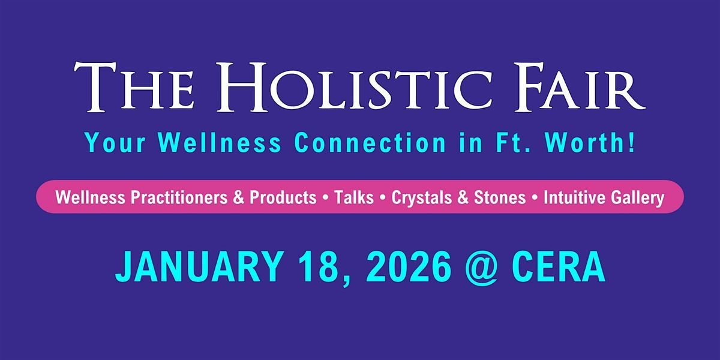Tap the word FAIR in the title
(580, 87)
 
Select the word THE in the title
(134, 87)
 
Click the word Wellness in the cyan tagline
(220, 142)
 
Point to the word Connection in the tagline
(370, 142)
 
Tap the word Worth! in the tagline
(590, 142)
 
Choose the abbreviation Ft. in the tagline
(512, 142)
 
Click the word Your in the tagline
(115, 143)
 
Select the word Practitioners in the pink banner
(179, 197)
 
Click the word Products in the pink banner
(283, 197)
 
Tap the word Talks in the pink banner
(354, 197)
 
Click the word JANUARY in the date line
(200, 267)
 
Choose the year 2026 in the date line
(407, 267)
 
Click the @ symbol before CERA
(482, 269)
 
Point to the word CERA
(559, 267)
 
